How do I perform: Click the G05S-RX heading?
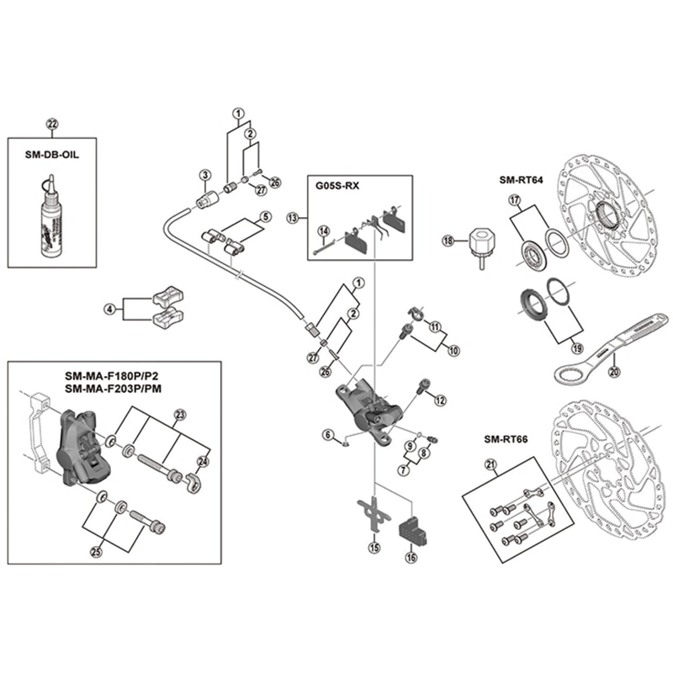point(338,187)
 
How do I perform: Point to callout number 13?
point(292,217)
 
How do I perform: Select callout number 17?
point(515,200)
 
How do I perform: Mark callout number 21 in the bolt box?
point(491,464)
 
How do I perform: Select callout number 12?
point(439,401)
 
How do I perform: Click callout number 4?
point(109,309)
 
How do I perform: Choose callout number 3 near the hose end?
point(204,175)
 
